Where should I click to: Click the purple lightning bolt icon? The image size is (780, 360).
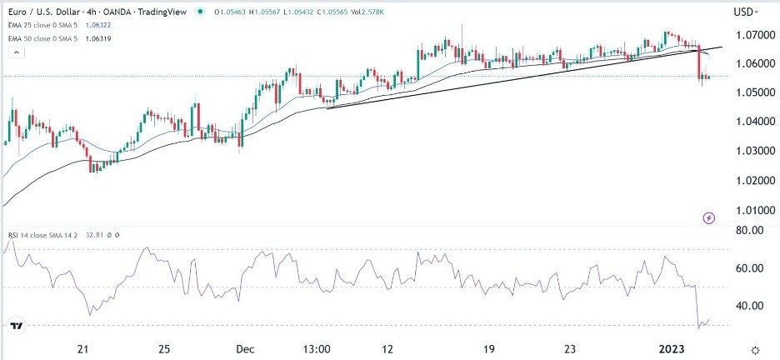(708, 218)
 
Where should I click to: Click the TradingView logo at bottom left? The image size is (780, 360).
(17, 326)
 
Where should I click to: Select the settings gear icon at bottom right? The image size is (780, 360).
(755, 351)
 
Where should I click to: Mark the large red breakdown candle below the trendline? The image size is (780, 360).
(699, 63)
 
